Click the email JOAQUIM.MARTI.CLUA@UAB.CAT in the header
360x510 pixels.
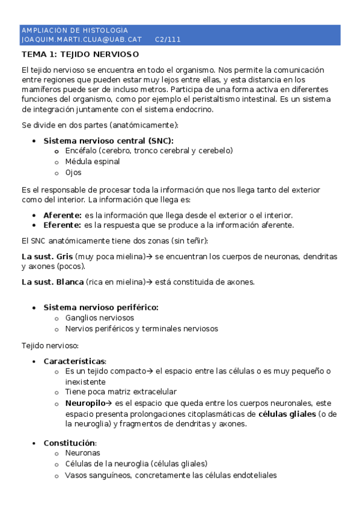81,40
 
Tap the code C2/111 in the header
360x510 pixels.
168,40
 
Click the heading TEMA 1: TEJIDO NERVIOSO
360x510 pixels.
80,55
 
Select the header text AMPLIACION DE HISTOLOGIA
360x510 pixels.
75,30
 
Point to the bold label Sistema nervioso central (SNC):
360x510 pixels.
112,140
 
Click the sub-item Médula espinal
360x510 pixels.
93,161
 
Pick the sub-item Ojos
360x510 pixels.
73,172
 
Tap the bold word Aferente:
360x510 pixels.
63,215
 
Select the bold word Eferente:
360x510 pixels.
63,225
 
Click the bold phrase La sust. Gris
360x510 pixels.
47,256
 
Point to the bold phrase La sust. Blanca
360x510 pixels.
52,281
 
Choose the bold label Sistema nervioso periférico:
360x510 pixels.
101,307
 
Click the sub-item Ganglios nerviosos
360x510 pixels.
100,318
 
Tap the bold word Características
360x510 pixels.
74,361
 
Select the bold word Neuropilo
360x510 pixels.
87,403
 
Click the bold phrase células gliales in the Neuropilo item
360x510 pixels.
287,414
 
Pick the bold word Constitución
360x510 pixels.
69,443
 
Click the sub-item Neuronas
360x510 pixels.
82,453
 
